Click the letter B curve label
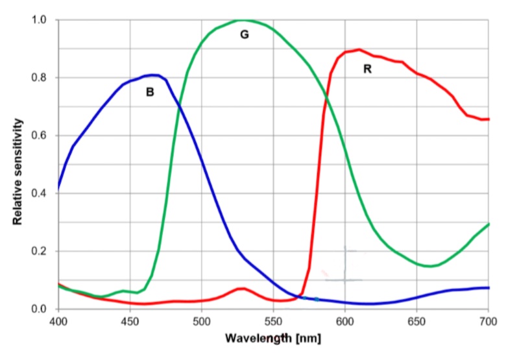coord(150,93)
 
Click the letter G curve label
coord(245,35)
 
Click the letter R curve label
coord(367,69)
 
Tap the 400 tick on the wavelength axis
coord(58,320)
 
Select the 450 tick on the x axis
coord(130,320)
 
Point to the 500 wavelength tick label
coord(201,320)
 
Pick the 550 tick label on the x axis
coord(273,320)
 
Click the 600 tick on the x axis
coord(344,320)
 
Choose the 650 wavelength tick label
coord(416,320)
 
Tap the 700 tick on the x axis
coord(488,320)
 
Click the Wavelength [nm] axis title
coord(272,338)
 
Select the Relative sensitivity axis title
coord(18,171)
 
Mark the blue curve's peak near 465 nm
coord(153,75)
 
